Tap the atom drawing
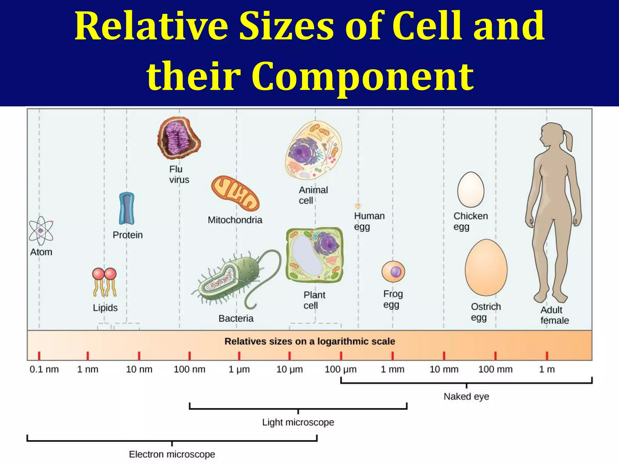click(41, 231)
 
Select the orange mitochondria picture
click(235, 193)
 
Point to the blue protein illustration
click(127, 208)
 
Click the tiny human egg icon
click(358, 206)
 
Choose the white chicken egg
click(471, 190)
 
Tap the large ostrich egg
click(486, 268)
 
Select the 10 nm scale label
click(139, 369)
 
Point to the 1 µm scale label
click(239, 369)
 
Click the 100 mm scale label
click(495, 369)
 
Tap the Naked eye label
click(466, 396)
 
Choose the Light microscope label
click(298, 422)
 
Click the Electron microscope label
click(172, 454)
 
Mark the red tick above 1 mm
click(393, 356)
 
